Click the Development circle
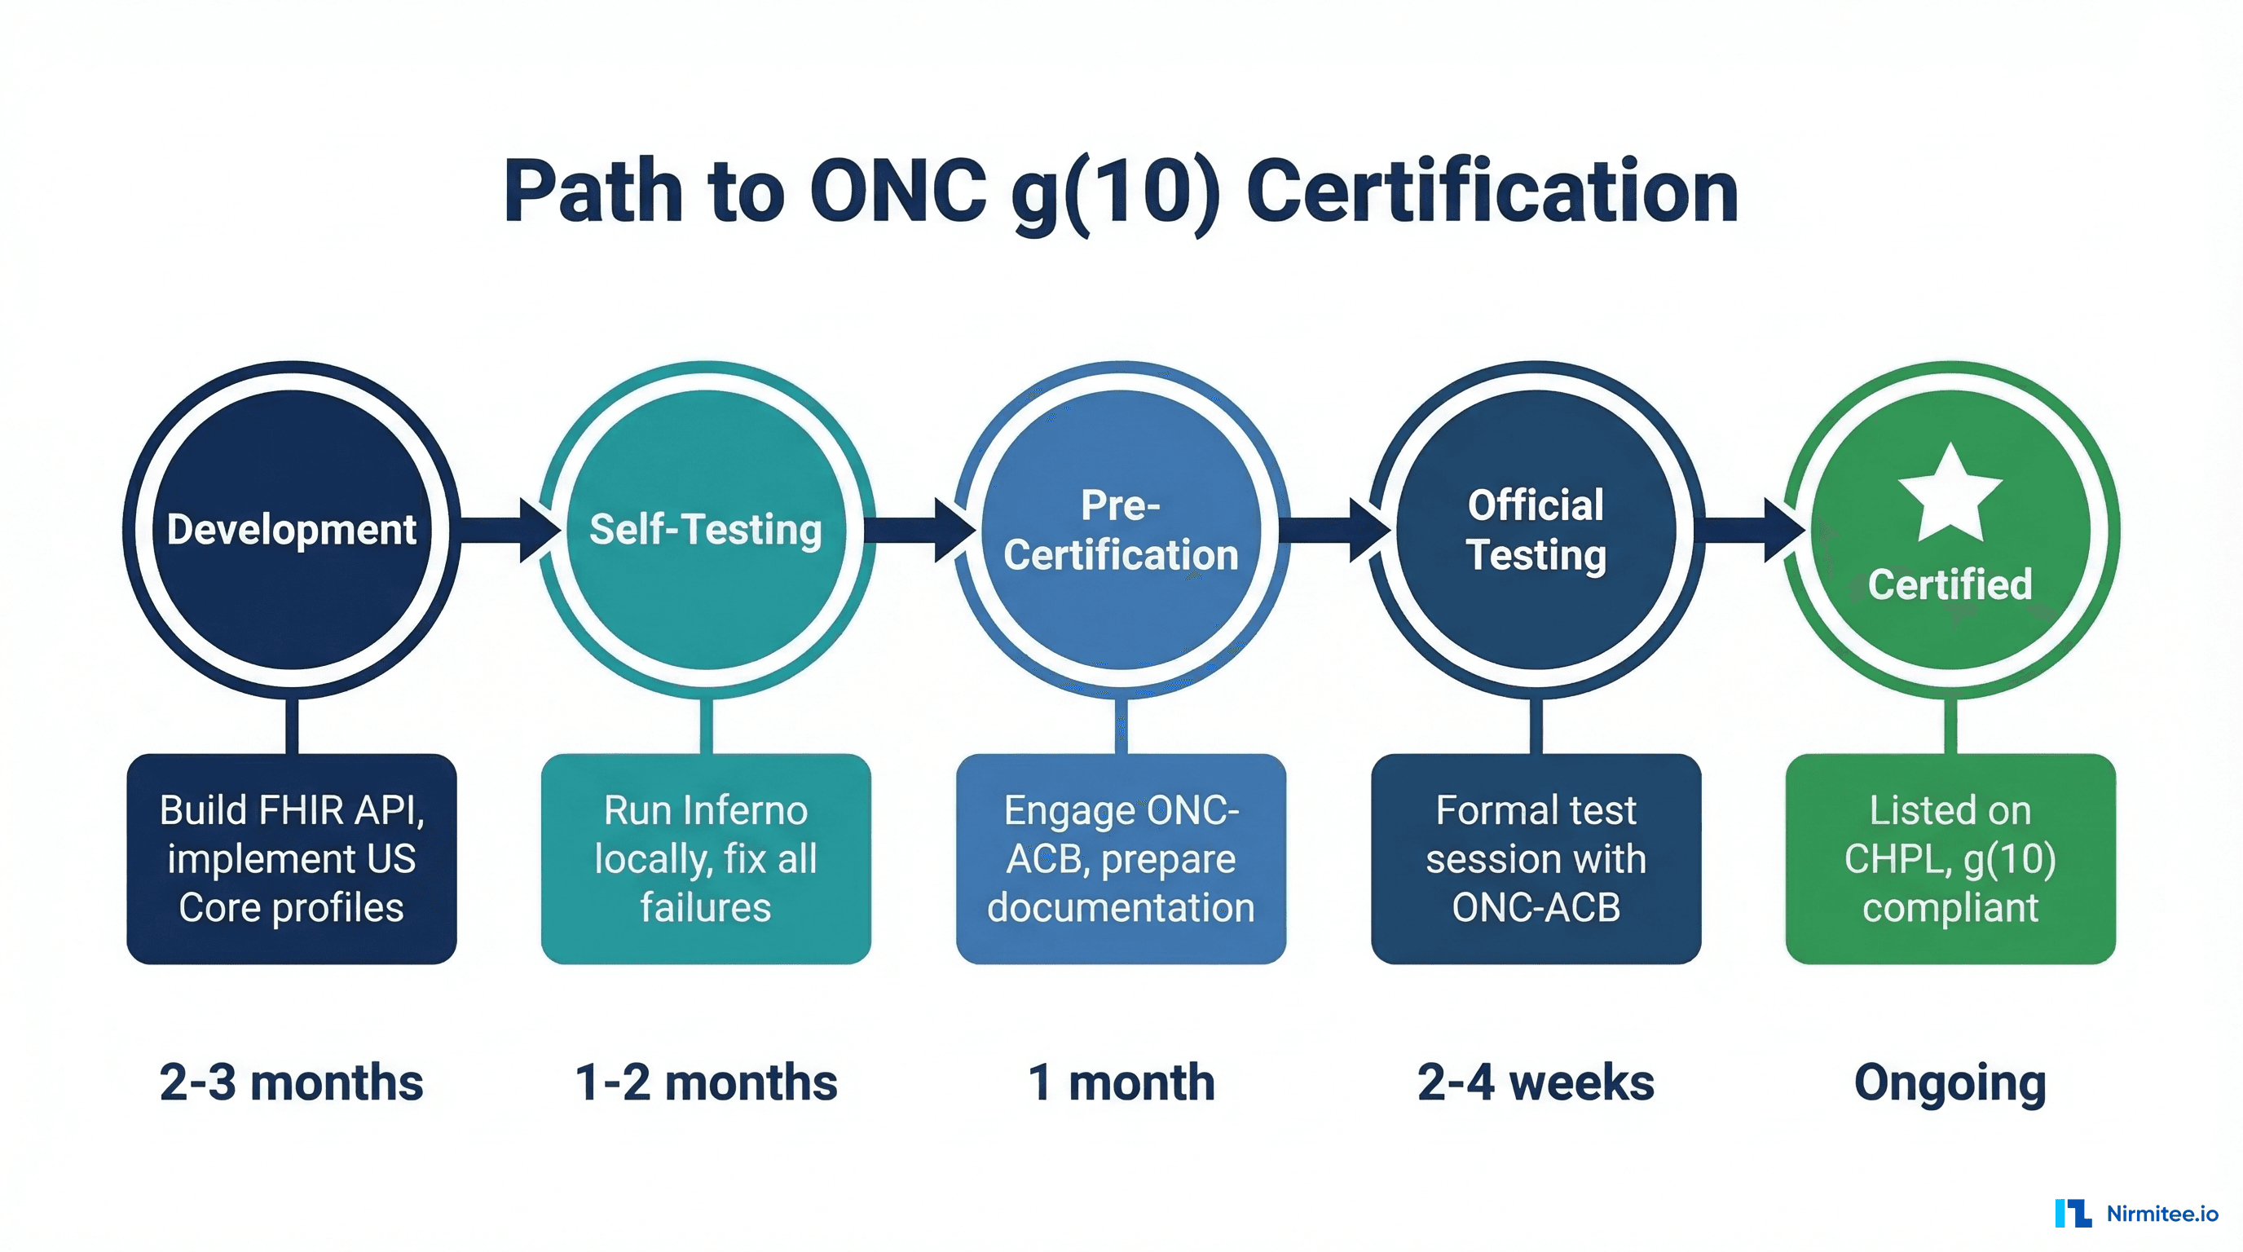click(292, 529)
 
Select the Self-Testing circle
click(706, 529)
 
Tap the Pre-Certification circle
click(1121, 529)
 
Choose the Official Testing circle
click(1536, 529)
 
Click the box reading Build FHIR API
click(292, 858)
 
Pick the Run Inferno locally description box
click(706, 858)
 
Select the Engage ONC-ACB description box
click(1121, 858)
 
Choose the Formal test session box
click(1536, 858)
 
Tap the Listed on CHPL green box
click(1950, 858)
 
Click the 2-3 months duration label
click(292, 1082)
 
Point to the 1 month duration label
click(1121, 1082)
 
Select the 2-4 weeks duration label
click(1536, 1082)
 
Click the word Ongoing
click(1950, 1082)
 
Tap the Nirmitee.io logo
click(2137, 1213)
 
